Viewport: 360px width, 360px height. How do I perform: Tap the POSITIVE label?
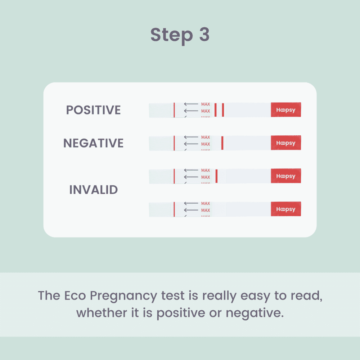[x=94, y=110]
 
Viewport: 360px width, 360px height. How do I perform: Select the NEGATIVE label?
[x=94, y=143]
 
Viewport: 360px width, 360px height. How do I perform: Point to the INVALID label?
[x=94, y=190]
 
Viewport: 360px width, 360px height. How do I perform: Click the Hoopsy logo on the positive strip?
[x=286, y=110]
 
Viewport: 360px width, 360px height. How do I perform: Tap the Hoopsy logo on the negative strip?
[x=286, y=143]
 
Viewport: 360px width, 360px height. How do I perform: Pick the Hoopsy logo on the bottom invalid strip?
[x=286, y=209]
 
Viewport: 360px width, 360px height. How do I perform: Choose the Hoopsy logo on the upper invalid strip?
[x=286, y=176]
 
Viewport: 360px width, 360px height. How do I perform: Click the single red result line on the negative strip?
[x=222, y=143]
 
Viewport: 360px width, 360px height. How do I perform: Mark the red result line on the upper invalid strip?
[x=217, y=176]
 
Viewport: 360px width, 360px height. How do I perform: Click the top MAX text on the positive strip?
[x=206, y=104]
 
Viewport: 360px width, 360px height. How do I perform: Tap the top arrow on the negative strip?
[x=191, y=137]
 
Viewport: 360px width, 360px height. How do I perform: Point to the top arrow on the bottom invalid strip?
[x=191, y=203]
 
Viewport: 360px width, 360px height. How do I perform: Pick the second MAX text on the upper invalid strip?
[x=206, y=177]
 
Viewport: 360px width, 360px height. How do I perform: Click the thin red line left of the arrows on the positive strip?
[x=174, y=110]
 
